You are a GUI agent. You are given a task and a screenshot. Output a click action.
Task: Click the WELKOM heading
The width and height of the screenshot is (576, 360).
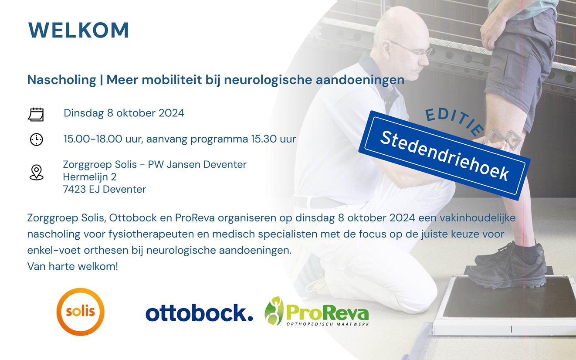78,31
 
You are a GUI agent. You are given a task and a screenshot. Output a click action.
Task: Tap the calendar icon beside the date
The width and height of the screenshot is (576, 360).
36,115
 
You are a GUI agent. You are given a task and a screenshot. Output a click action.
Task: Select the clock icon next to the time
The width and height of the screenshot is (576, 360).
37,139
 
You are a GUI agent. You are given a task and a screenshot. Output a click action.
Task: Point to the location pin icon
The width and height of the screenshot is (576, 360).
37,172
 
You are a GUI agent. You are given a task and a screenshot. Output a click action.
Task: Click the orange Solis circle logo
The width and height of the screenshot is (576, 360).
81,312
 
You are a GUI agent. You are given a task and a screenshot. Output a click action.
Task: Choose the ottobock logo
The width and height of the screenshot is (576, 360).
199,313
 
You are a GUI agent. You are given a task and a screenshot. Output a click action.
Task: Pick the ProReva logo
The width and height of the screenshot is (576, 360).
317,312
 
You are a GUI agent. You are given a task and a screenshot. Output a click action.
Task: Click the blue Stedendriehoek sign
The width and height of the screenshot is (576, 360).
444,155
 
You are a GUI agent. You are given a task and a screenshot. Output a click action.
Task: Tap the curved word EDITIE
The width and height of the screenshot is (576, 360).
454,121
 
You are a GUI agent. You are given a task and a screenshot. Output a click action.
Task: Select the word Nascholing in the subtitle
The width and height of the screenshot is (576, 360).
62,80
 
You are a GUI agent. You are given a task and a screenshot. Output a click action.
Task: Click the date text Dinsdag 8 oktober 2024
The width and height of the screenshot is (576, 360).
124,113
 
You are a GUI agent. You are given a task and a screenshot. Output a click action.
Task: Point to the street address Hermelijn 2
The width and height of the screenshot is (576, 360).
90,177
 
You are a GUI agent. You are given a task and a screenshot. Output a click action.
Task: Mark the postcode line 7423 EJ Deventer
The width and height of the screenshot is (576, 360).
105,190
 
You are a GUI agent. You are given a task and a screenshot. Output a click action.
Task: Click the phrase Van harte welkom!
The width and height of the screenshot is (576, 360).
72,266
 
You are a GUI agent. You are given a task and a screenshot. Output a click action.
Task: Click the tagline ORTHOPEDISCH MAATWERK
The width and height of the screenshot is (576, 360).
328,324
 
